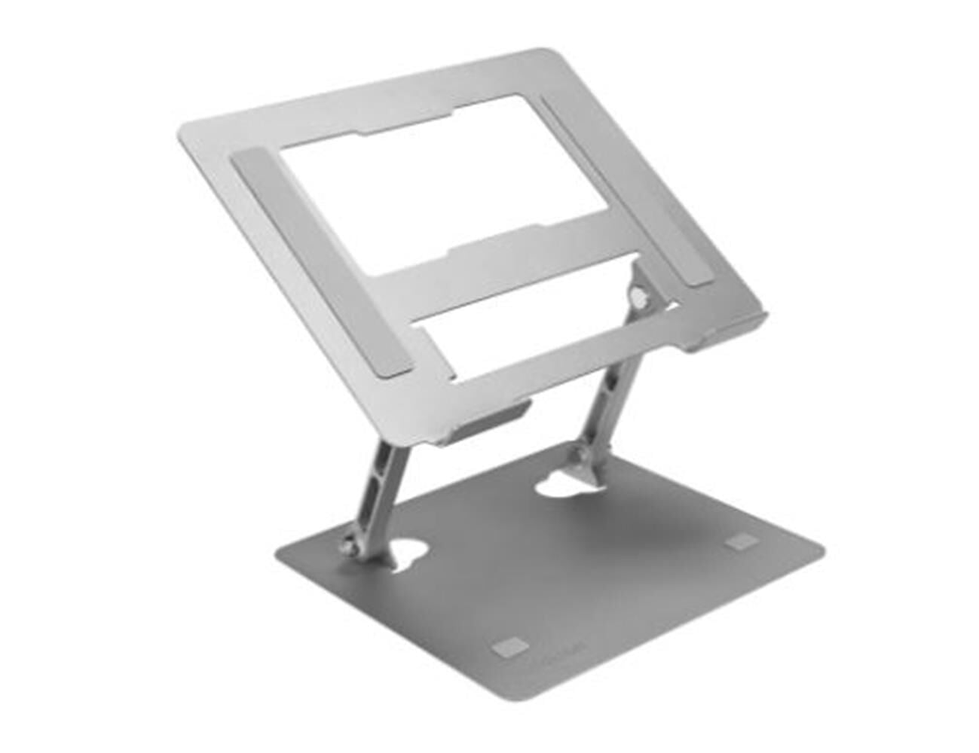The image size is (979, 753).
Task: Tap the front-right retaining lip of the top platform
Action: pyautogui.click(x=727, y=335)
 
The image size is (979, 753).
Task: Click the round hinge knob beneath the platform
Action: pyautogui.click(x=641, y=298)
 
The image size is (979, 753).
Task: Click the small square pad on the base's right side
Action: pyautogui.click(x=742, y=541)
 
